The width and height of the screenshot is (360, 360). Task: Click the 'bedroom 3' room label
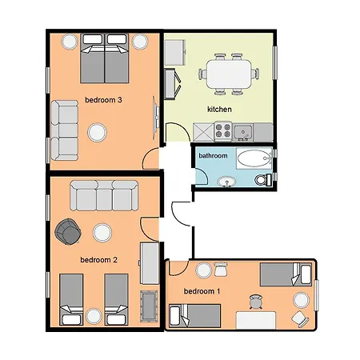pos(103,100)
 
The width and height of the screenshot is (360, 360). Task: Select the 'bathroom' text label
pos(213,155)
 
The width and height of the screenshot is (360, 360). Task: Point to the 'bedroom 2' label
pos(99,259)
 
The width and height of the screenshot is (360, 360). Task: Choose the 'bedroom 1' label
pos(202,290)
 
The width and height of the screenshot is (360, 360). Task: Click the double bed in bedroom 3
pos(104,62)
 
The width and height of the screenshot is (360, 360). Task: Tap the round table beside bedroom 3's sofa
pos(98,130)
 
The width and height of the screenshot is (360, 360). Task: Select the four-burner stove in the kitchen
pos(222,130)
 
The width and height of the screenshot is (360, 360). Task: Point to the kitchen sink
pos(244,130)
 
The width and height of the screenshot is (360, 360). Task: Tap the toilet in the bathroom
pos(262,179)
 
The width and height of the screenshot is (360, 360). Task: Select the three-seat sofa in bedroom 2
pos(104,194)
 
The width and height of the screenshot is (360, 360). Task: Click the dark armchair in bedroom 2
pos(67,232)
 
